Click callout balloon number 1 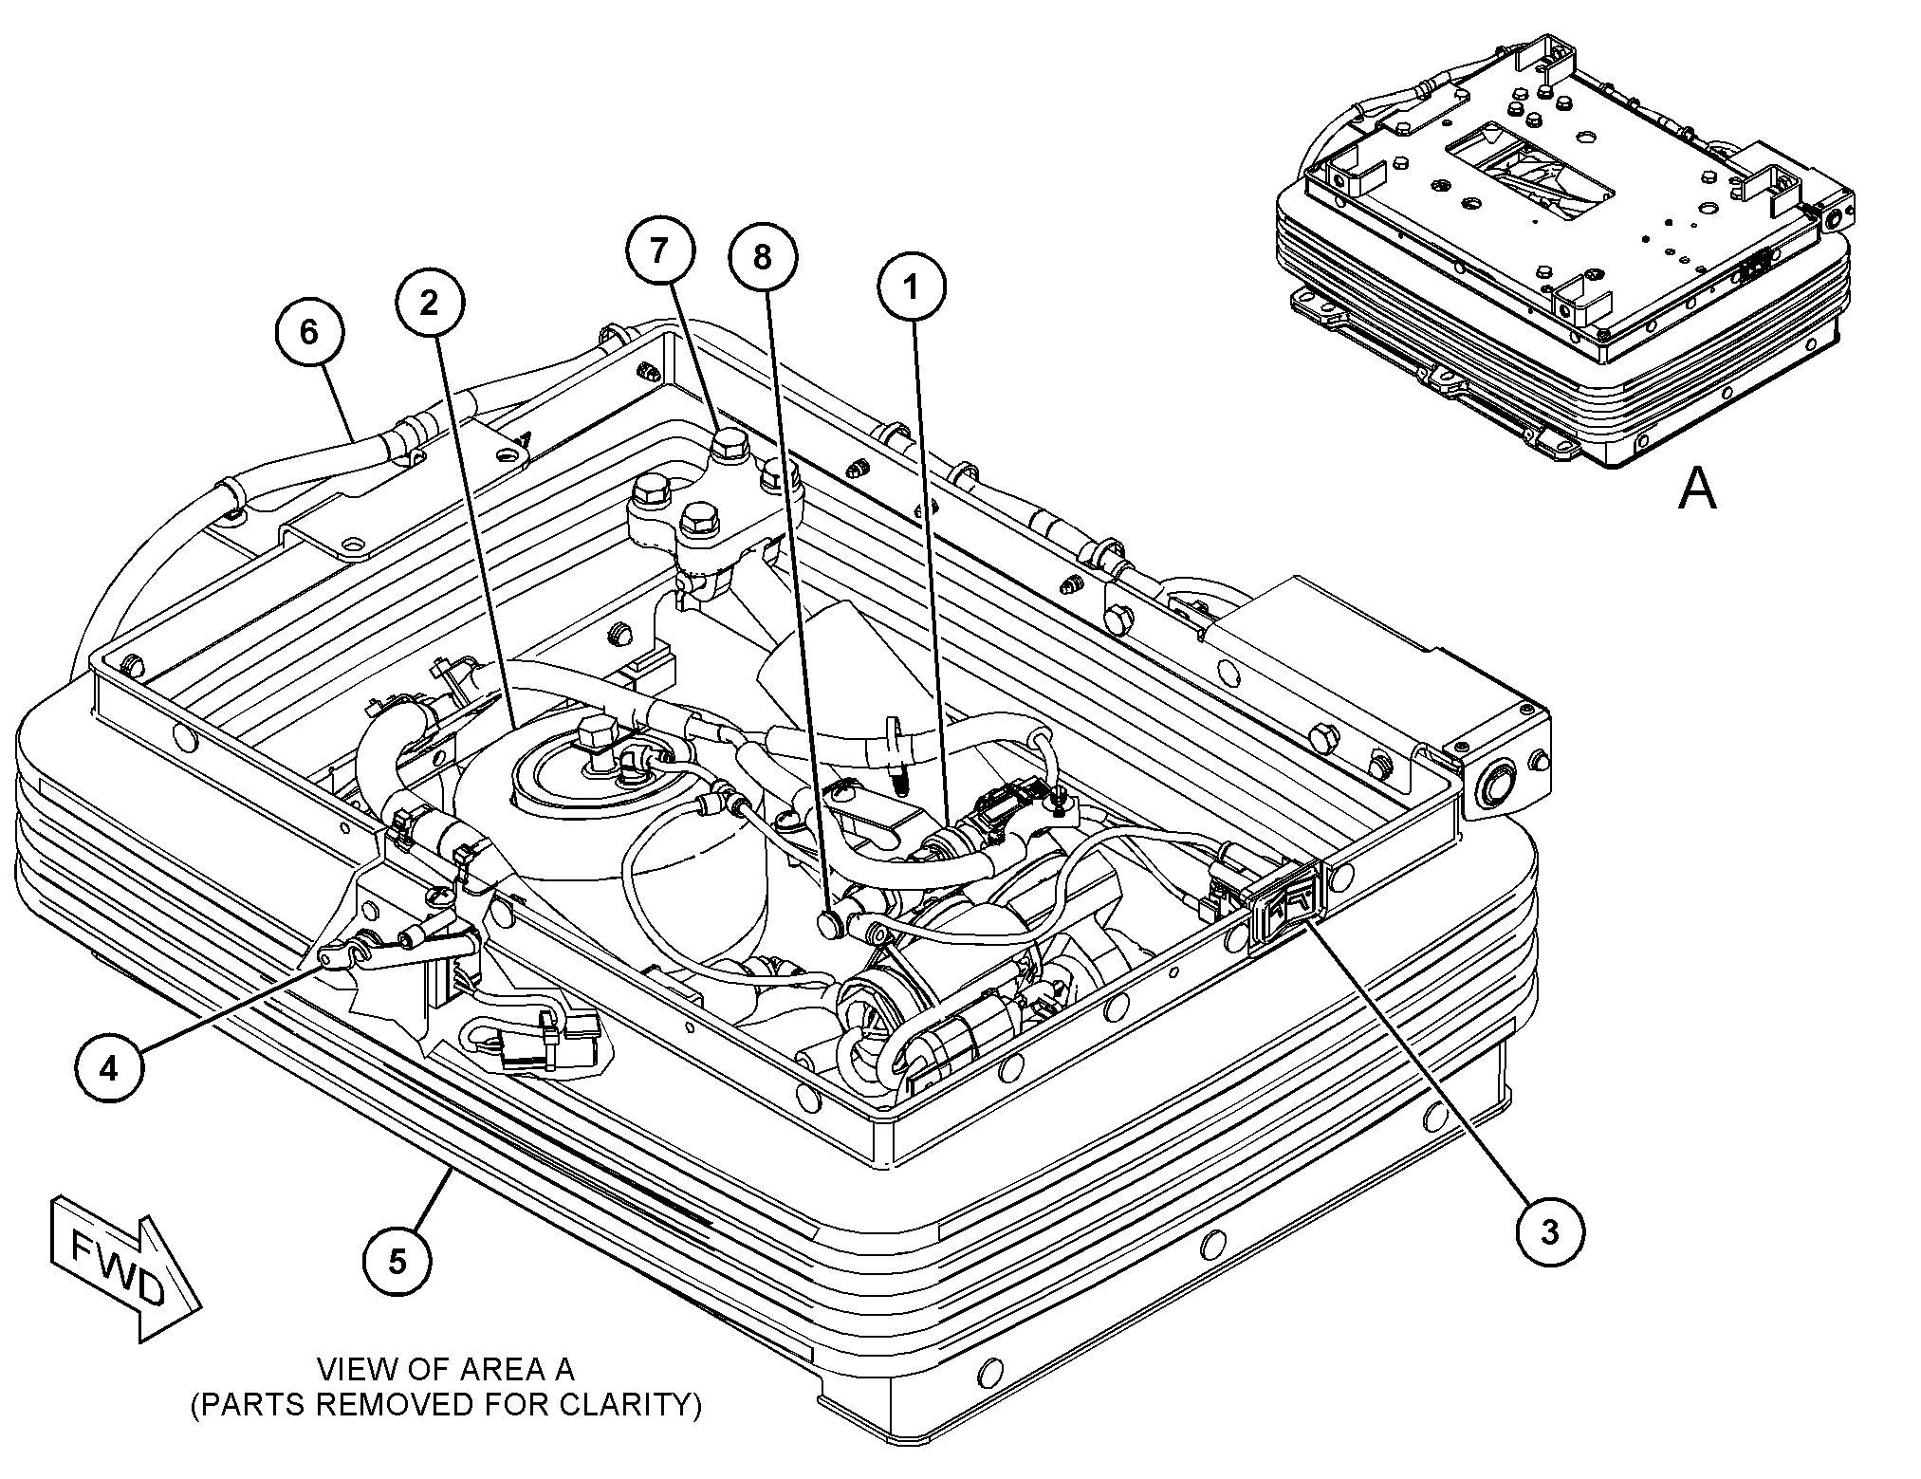(911, 287)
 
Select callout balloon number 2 (430, 304)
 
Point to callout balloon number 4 (110, 1068)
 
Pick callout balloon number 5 (397, 1261)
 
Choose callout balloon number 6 (309, 333)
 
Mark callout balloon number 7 (659, 250)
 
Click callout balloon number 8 (763, 256)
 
